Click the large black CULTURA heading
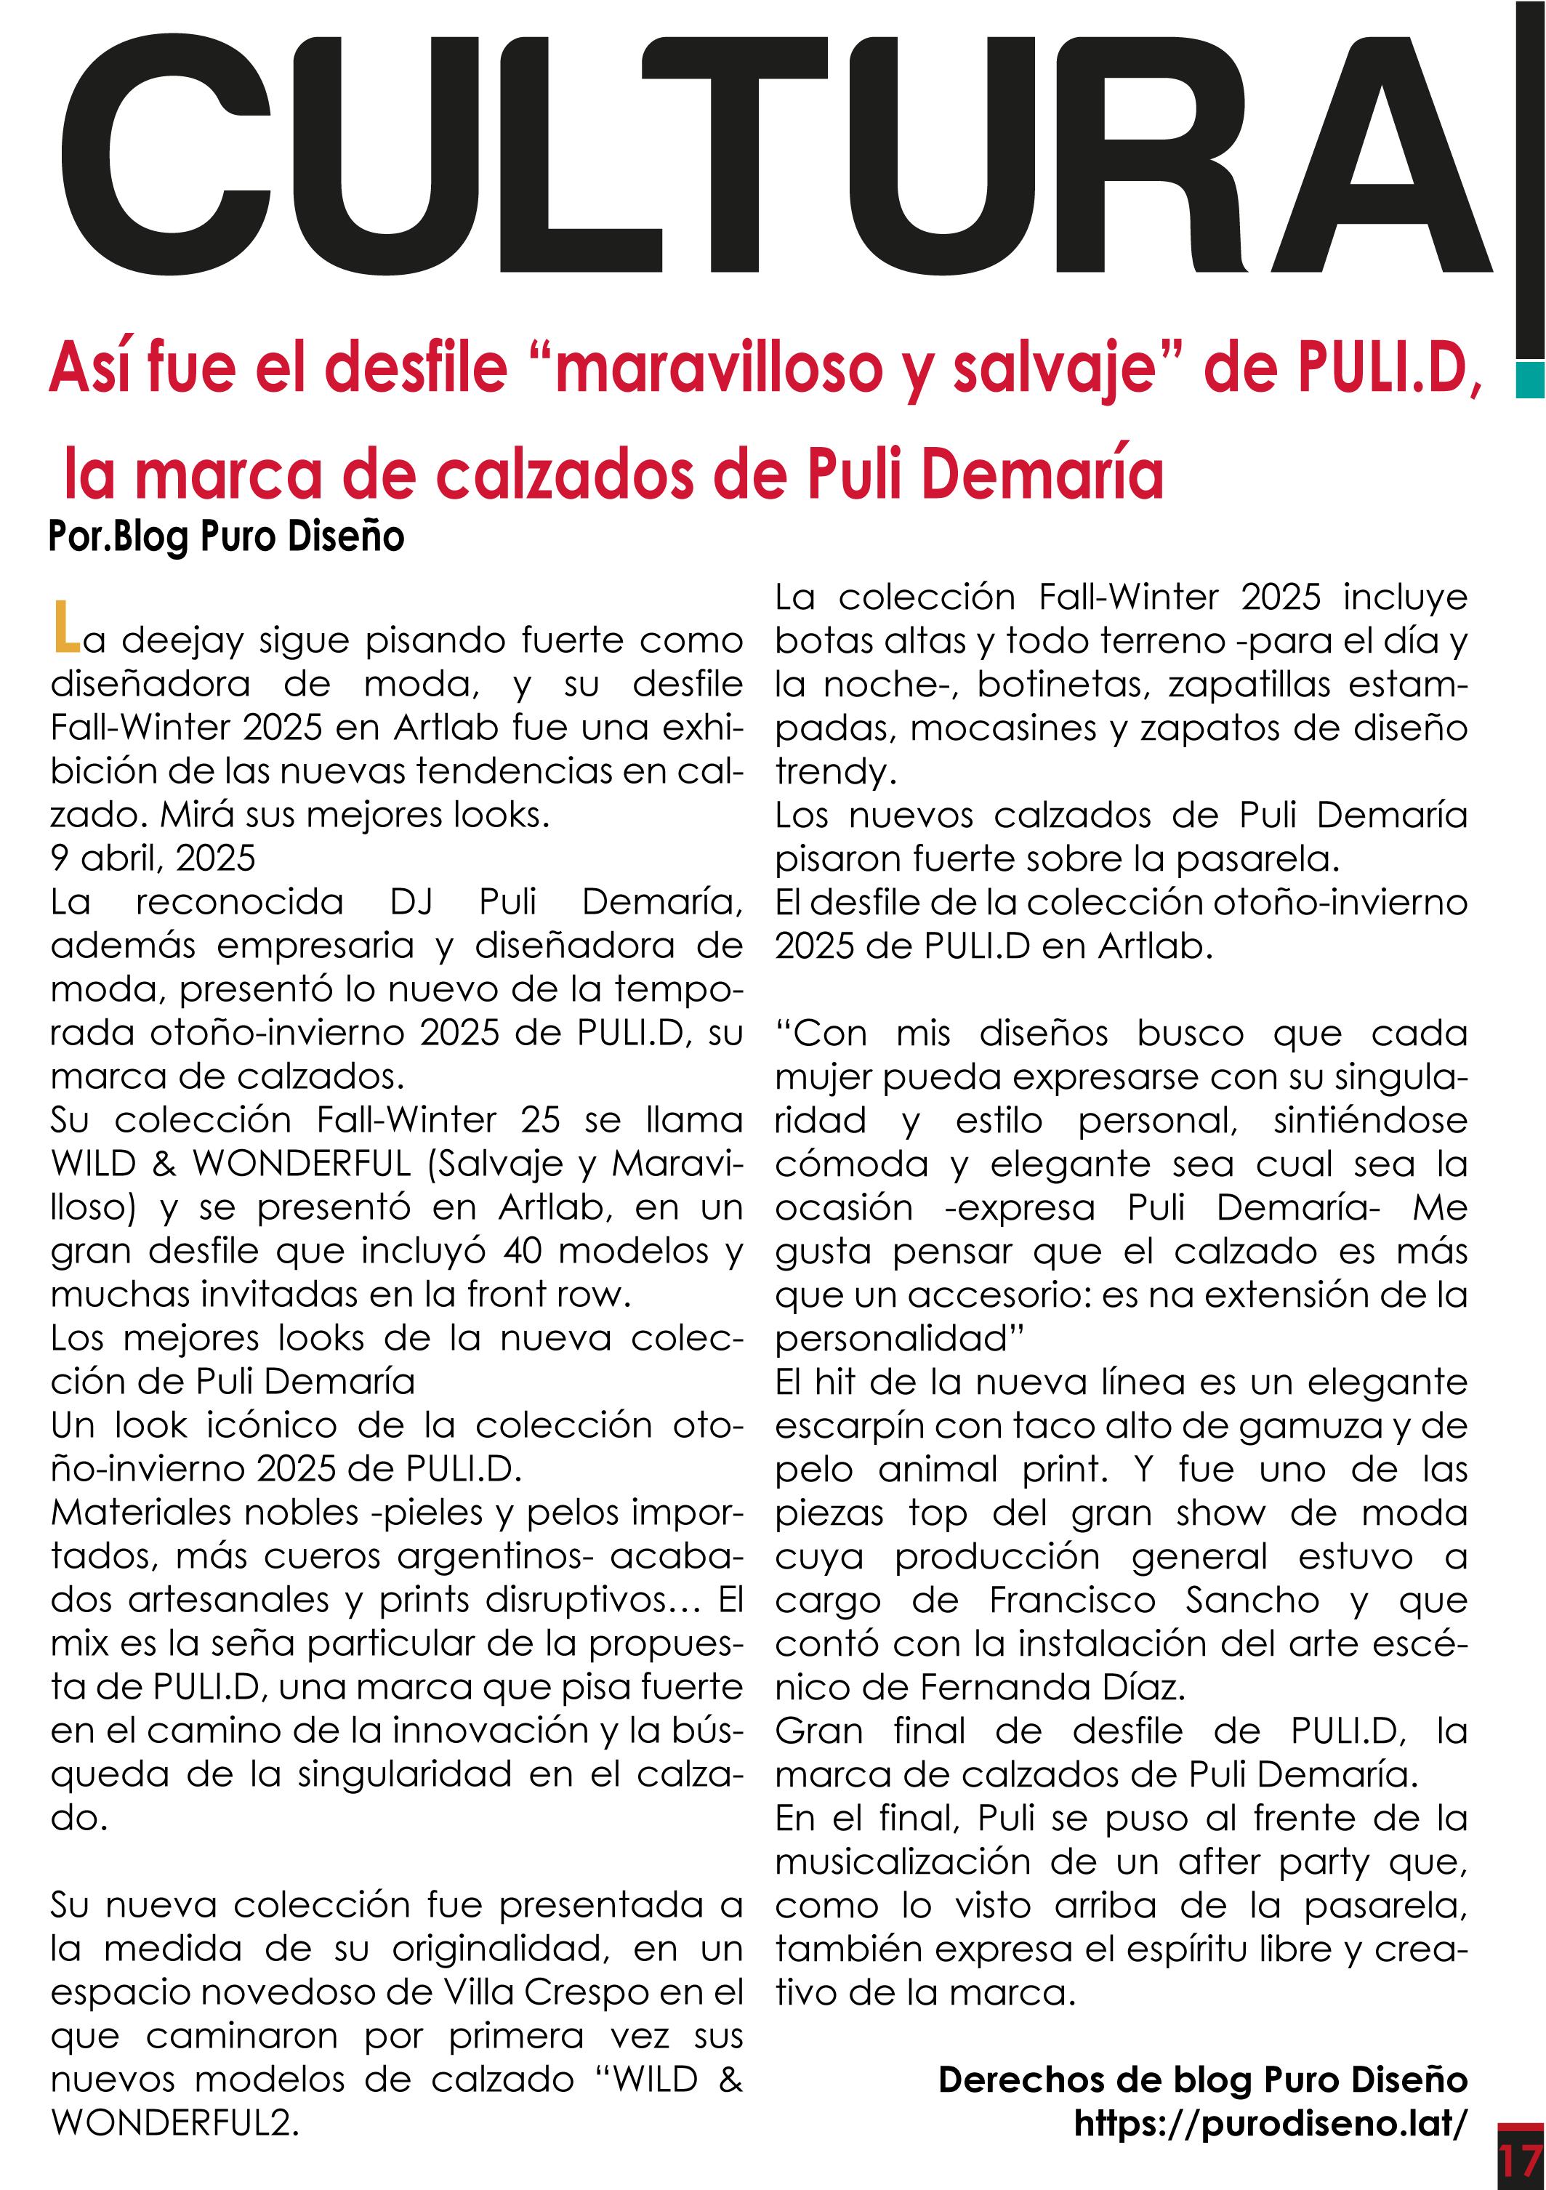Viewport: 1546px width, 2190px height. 773,155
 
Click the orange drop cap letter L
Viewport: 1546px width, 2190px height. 65,627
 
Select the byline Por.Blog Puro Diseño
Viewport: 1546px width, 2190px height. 226,537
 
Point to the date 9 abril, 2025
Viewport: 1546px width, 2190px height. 153,858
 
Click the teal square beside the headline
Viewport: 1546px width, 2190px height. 1529,379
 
